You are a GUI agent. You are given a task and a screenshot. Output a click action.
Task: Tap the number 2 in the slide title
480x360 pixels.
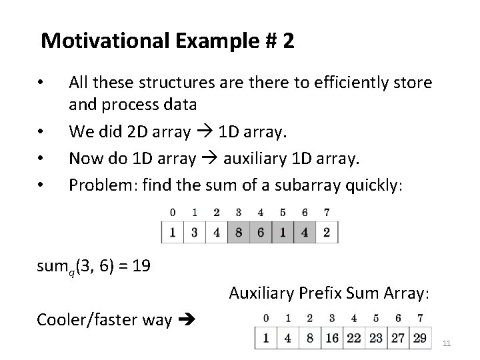coord(287,41)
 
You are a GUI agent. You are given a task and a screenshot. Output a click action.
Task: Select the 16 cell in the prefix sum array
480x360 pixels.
coord(331,337)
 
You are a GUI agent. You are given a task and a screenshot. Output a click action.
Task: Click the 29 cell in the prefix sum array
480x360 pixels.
coord(419,337)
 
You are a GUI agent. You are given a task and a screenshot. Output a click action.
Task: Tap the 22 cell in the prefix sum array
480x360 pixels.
coord(353,337)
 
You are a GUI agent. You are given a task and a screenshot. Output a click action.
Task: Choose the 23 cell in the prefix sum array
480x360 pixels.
coord(375,337)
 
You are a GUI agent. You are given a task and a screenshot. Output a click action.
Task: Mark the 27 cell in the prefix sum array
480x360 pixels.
coord(397,337)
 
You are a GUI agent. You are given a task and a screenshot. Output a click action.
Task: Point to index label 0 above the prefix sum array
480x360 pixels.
coord(267,319)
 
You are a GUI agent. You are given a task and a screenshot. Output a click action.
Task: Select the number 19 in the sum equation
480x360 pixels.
coord(141,267)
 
